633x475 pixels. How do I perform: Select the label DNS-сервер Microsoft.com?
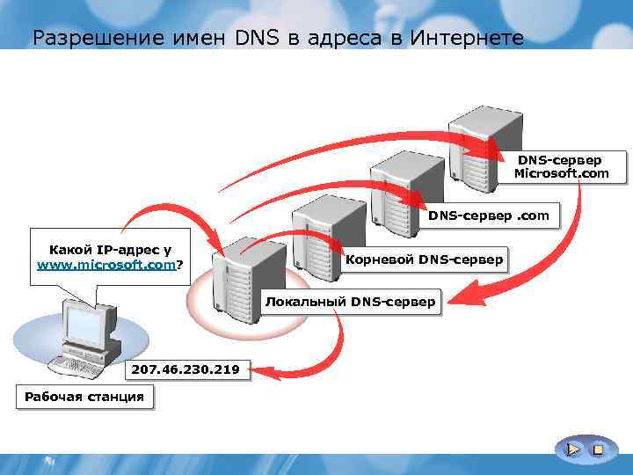tap(561, 167)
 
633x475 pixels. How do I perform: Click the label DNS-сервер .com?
tap(489, 216)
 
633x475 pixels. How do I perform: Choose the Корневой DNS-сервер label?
tap(425, 259)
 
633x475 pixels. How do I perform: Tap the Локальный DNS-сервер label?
tap(350, 303)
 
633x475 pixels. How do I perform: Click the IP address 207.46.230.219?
tap(186, 369)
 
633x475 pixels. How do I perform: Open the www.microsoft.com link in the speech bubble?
tap(106, 265)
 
